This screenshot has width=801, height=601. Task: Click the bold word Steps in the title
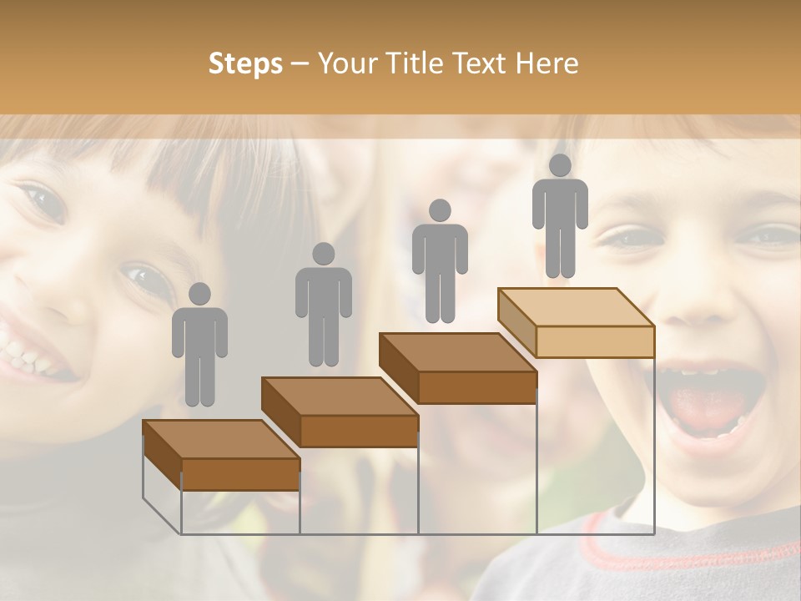pyautogui.click(x=245, y=63)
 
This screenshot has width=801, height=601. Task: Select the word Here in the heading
pyautogui.click(x=546, y=63)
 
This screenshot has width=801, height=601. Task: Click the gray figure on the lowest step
pyautogui.click(x=200, y=351)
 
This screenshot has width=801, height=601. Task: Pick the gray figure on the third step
pyautogui.click(x=440, y=267)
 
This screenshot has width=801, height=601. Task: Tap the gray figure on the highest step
pyautogui.click(x=560, y=221)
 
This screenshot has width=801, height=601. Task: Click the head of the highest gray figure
pyautogui.click(x=560, y=166)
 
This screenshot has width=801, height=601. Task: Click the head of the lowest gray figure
pyautogui.click(x=199, y=295)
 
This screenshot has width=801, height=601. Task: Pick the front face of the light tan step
pyautogui.click(x=594, y=341)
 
